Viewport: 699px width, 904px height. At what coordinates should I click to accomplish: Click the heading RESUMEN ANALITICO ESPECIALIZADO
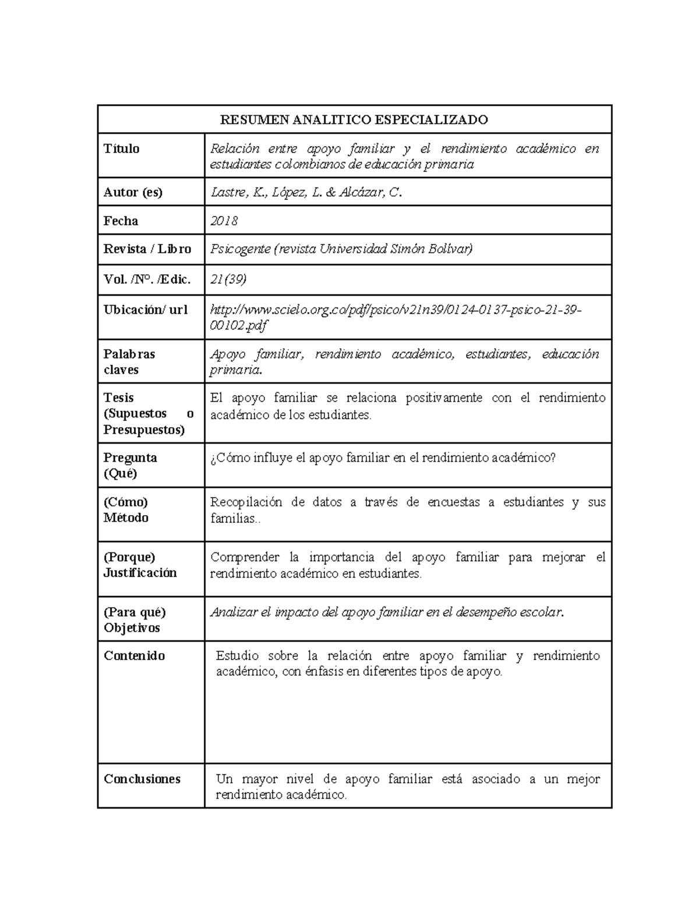354,120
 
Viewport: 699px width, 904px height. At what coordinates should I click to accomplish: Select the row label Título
121,149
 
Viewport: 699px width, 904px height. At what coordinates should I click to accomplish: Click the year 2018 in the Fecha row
224,221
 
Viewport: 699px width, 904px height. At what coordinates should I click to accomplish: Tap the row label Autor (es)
133,192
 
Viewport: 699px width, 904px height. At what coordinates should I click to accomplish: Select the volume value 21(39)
228,279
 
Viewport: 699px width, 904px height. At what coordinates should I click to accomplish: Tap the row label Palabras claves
129,361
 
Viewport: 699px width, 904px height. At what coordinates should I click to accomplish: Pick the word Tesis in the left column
118,398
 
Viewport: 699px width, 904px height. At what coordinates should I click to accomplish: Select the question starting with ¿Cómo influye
383,458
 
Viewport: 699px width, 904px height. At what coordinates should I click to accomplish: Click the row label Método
126,517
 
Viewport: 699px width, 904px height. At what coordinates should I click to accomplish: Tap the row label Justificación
140,573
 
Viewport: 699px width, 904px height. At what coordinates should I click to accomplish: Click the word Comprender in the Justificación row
245,558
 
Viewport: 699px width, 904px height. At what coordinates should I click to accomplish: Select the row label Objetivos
132,628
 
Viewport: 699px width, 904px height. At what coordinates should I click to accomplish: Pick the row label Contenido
134,656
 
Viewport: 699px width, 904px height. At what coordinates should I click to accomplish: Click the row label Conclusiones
142,779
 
